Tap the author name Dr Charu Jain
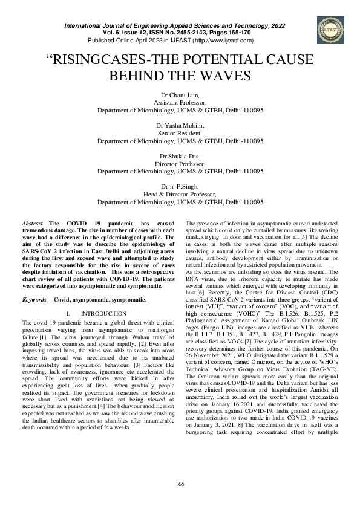[180, 95]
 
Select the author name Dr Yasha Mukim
[180, 125]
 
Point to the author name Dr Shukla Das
[180, 155]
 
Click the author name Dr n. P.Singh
[180, 186]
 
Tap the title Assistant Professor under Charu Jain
[180, 103]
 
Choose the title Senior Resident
[180, 132]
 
